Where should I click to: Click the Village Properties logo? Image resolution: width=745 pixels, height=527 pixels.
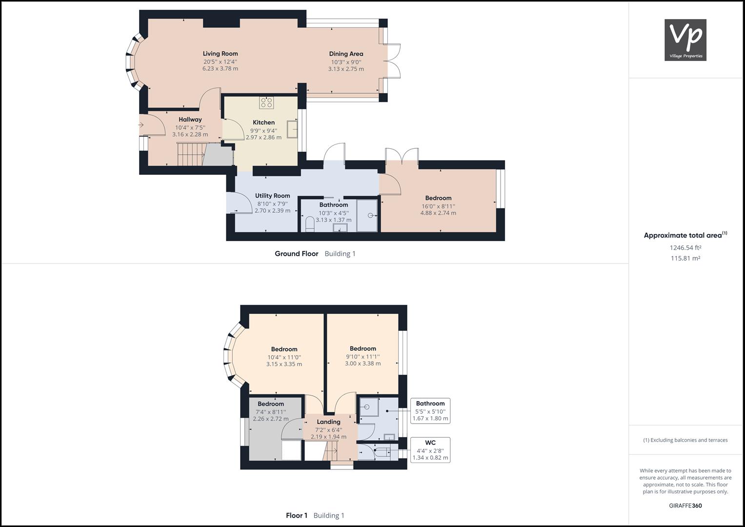pos(685,40)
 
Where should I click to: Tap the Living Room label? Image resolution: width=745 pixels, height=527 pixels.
pos(220,54)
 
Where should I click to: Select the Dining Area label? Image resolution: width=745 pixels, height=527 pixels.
pos(346,54)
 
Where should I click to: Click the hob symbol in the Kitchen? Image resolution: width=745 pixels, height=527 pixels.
pos(266,102)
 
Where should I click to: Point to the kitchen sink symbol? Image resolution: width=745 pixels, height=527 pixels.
pos(292,129)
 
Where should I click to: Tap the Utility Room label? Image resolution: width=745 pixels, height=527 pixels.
pos(272,196)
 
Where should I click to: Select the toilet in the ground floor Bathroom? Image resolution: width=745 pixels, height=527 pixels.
pos(309,225)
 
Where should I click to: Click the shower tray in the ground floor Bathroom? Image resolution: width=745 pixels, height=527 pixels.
pos(367,215)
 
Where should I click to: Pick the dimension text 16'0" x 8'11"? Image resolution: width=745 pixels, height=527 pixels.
pos(438,206)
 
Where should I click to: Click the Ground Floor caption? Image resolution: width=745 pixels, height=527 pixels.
pos(296,254)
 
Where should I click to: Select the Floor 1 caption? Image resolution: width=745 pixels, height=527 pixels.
pos(297,515)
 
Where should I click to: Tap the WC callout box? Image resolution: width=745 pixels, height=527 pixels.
pos(430,450)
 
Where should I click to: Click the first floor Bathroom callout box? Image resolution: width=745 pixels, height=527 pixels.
pos(430,411)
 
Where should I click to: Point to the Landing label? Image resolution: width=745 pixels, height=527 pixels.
pos(328,422)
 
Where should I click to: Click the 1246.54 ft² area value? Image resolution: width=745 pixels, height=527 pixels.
pos(685,247)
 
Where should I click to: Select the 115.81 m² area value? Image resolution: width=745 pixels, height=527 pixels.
pos(685,258)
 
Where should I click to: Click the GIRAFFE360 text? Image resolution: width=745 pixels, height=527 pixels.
pos(685,506)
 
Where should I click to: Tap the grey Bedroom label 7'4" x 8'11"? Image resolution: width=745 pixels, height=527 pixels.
pos(271,404)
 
